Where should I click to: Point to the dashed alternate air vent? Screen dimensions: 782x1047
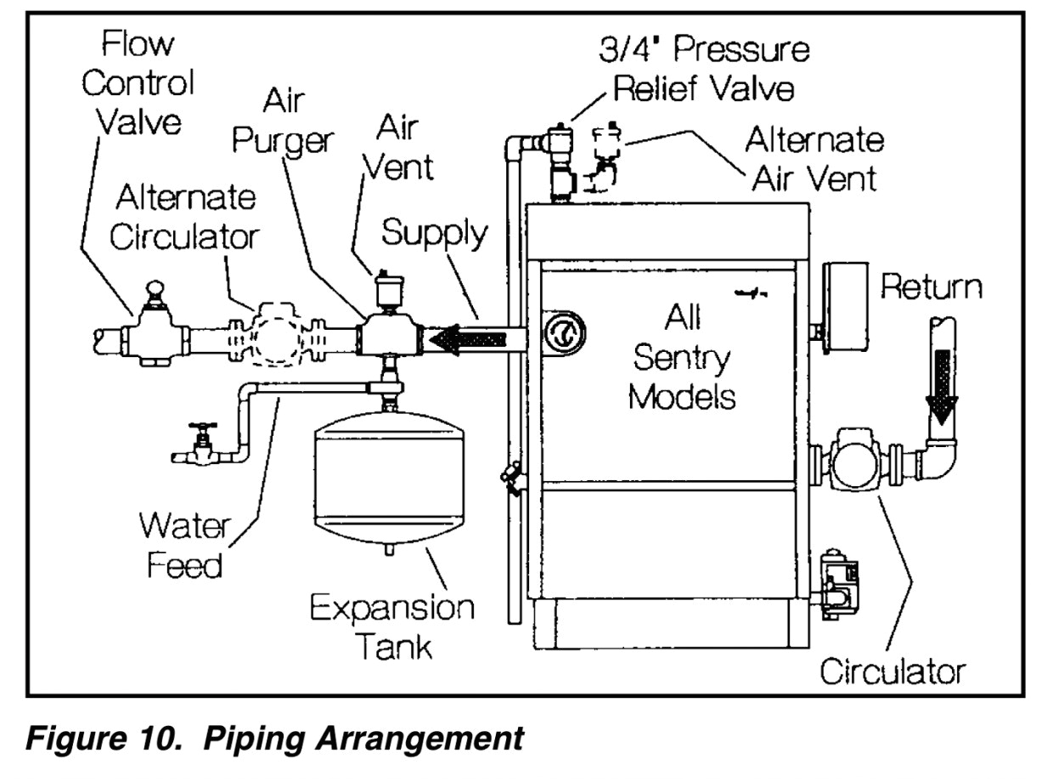(x=605, y=161)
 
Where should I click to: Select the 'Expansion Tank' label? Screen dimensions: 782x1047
(x=391, y=627)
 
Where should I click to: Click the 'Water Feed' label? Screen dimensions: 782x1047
(x=183, y=545)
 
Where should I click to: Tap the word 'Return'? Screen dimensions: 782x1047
(x=931, y=287)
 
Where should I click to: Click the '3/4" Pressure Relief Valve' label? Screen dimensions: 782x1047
(x=701, y=68)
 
